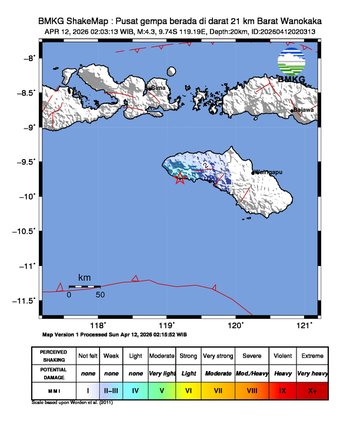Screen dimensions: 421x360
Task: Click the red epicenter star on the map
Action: click(180, 179)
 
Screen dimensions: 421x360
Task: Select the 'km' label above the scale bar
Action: click(85, 277)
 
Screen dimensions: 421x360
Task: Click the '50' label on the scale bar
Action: click(100, 295)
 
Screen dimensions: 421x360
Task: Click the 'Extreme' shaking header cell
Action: click(312, 355)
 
